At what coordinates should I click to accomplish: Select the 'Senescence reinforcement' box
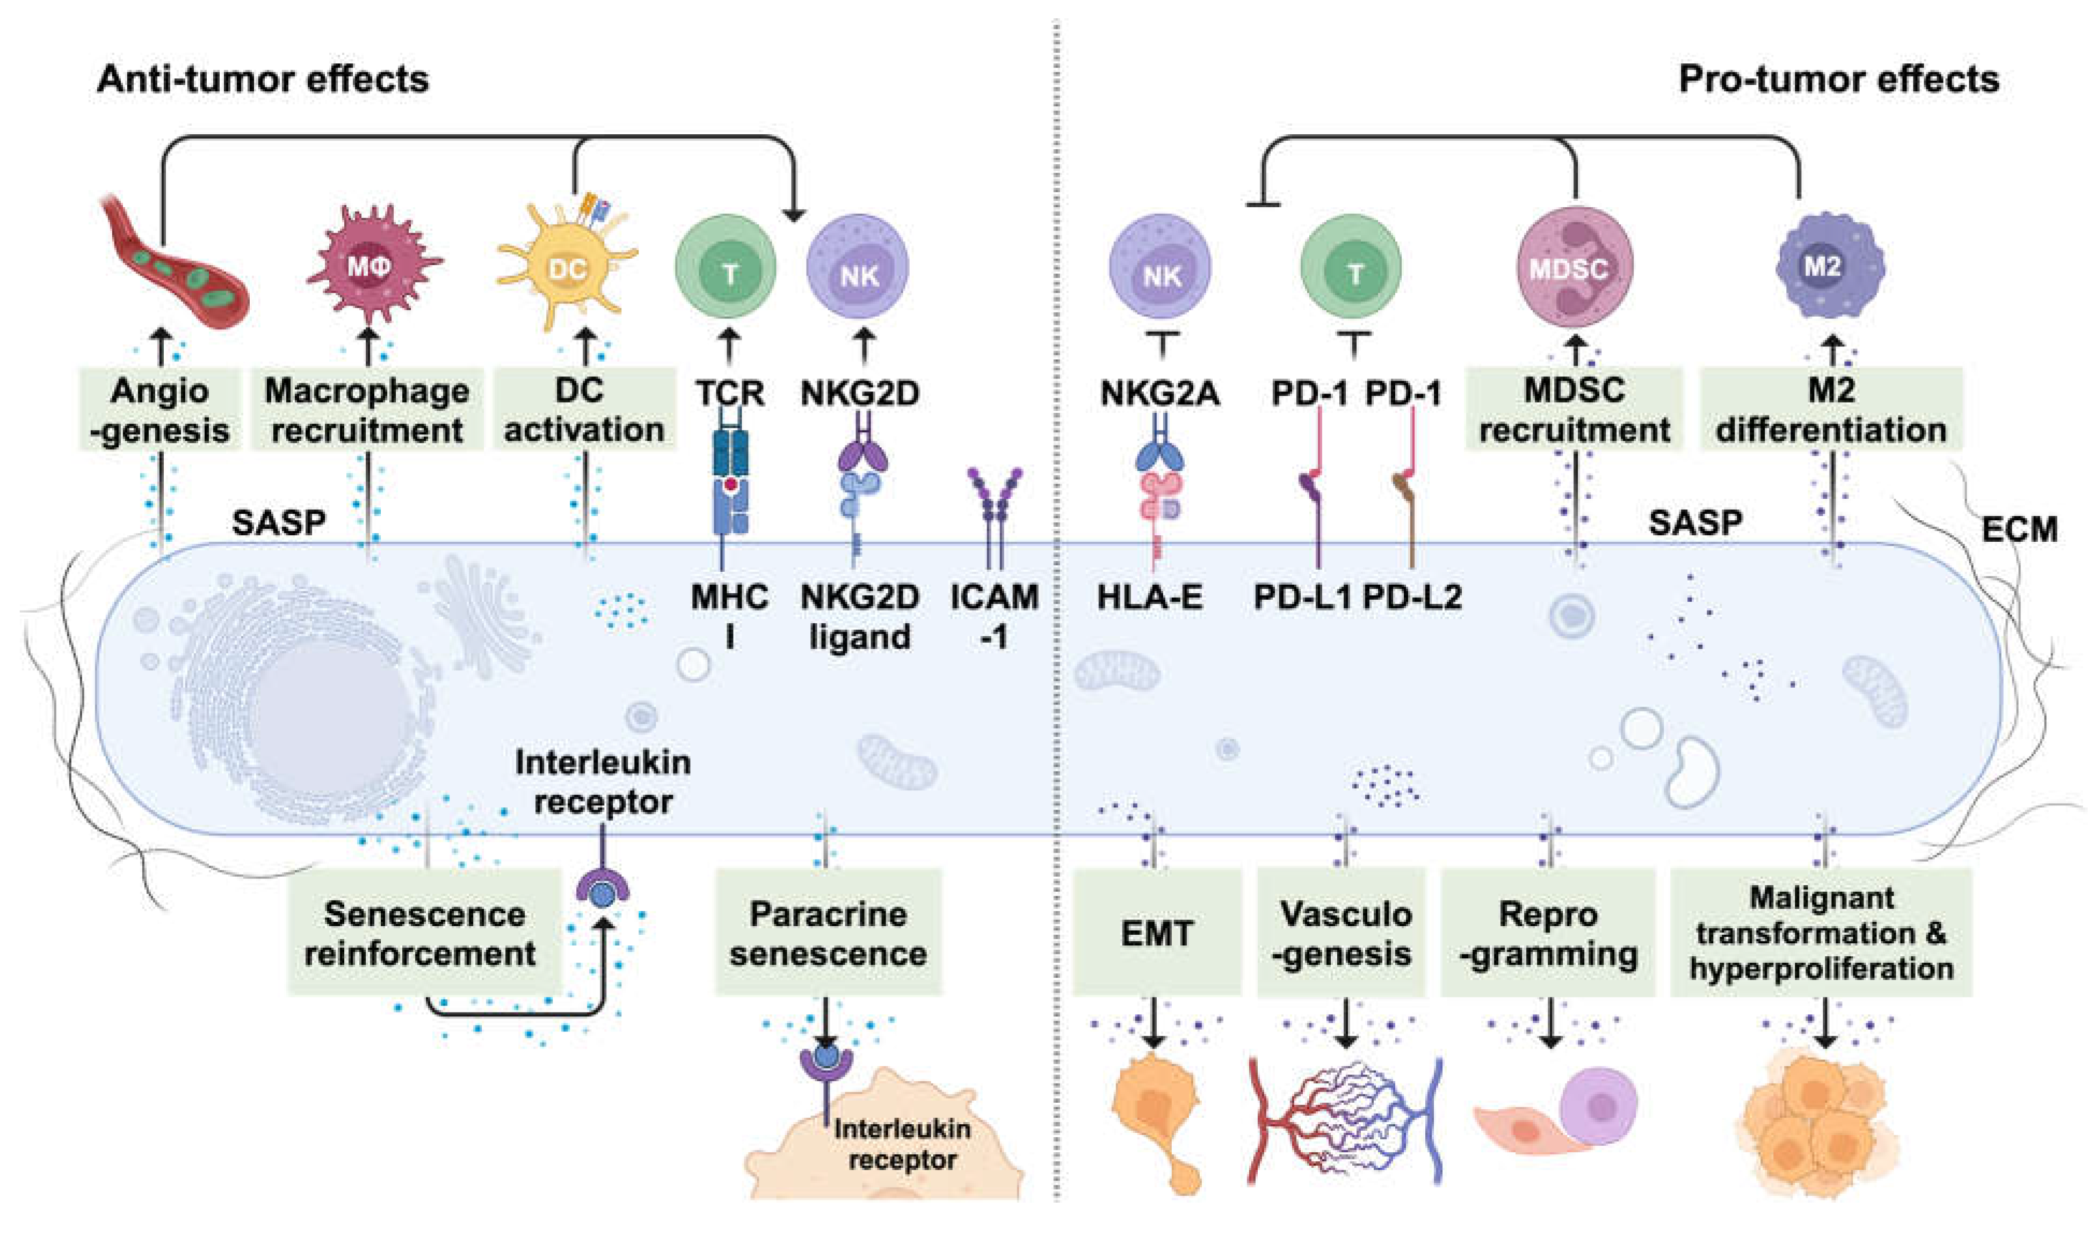click(425, 933)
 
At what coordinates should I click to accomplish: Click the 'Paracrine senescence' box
click(828, 933)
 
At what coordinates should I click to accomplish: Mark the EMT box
click(1157, 933)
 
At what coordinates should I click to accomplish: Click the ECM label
click(2019, 529)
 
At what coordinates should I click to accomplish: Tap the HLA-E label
click(1150, 598)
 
